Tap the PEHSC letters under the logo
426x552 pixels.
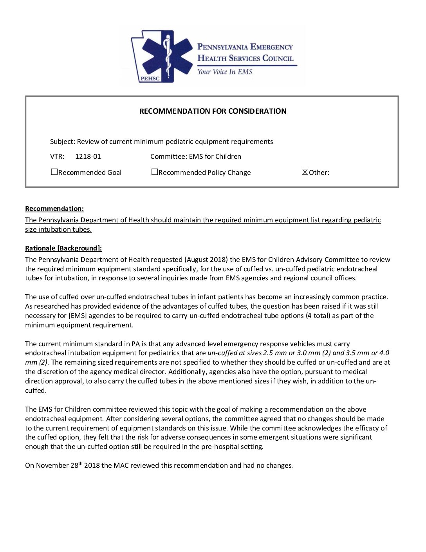pos(150,78)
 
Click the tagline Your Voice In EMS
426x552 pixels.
pos(225,72)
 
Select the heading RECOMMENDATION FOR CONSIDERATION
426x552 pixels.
pos(213,111)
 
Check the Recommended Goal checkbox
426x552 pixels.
pos(54,172)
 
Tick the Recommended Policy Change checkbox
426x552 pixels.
pos(155,172)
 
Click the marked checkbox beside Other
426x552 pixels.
pos(305,172)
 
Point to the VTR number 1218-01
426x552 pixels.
pos(88,156)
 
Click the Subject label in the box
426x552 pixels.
pos(62,142)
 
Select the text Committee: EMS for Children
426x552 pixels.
pos(195,156)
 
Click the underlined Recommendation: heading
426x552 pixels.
pos(54,209)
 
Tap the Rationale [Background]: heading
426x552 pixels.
pos(63,248)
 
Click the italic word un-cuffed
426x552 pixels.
pos(222,353)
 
